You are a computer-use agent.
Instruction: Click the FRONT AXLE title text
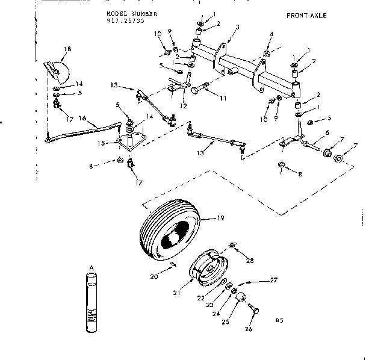pyautogui.click(x=306, y=16)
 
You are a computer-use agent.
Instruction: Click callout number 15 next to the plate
pyautogui.click(x=102, y=143)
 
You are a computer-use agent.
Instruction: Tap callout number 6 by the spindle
pyautogui.click(x=327, y=132)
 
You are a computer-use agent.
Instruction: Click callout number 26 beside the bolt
pyautogui.click(x=249, y=329)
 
